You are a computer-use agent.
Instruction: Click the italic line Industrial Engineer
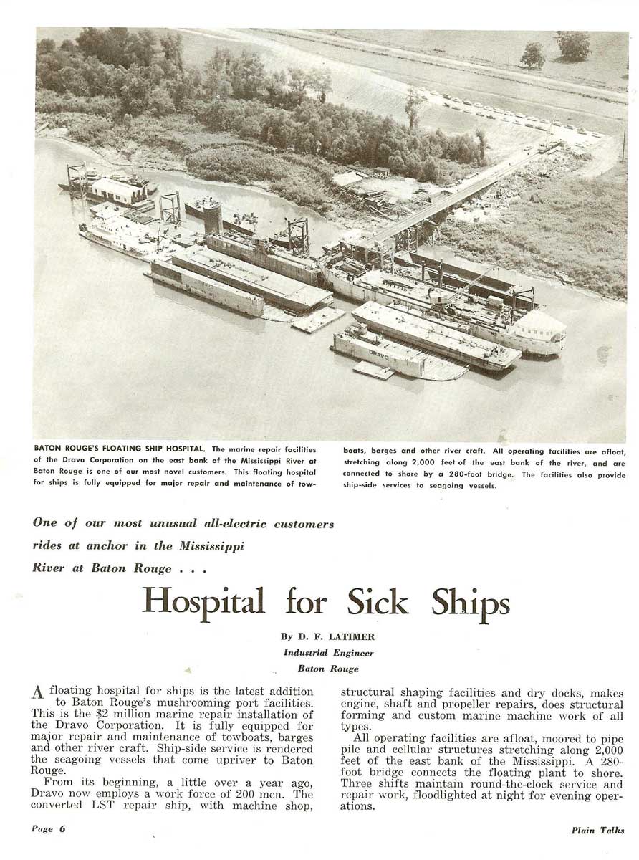coord(329,652)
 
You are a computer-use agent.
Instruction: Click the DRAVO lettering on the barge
coord(378,353)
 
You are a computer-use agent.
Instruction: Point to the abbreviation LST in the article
coord(113,806)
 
